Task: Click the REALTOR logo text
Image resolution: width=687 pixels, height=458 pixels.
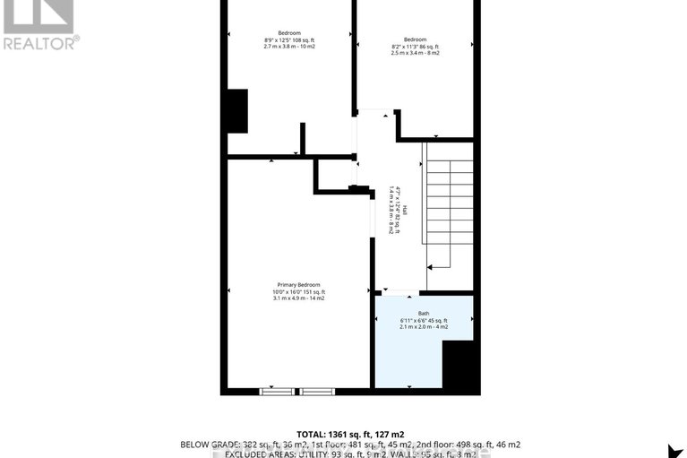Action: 40,41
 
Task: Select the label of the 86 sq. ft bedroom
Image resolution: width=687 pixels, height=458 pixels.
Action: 415,39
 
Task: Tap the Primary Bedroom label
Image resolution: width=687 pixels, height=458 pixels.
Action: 298,284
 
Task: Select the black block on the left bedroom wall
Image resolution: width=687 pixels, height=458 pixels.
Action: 236,111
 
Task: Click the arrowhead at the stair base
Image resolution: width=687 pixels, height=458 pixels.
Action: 429,266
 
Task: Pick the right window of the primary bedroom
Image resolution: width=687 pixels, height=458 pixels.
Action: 316,392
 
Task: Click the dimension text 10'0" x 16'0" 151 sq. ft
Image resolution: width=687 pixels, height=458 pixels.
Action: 299,291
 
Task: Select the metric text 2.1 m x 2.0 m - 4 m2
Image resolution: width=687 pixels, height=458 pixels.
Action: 424,327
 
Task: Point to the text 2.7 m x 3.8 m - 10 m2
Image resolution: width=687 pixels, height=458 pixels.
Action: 288,47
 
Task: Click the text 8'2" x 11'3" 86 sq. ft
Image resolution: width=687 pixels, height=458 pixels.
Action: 415,47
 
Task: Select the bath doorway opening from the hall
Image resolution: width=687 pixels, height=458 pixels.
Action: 399,294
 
